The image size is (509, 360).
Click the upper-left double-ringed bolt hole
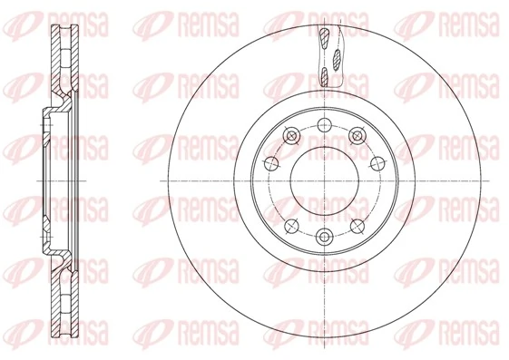point(290,136)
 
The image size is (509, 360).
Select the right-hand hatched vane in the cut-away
point(338,60)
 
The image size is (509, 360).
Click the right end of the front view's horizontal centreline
point(490,180)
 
